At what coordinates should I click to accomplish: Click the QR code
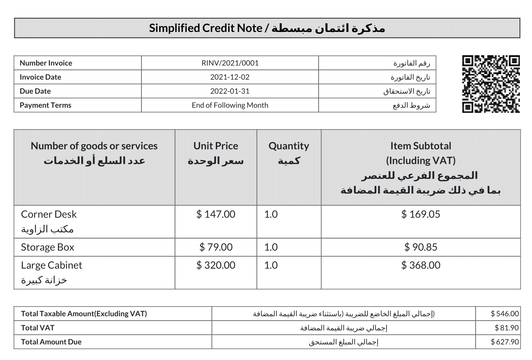point(491,84)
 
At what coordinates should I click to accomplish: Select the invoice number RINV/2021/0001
point(230,63)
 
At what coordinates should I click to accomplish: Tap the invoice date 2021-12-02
point(230,77)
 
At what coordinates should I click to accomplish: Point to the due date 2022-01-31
point(230,91)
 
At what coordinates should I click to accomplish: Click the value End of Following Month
point(230,105)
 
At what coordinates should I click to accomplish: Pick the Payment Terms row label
point(45,105)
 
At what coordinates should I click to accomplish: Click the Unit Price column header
point(216,146)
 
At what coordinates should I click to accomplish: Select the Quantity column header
point(289,146)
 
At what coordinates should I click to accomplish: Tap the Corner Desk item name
point(49,214)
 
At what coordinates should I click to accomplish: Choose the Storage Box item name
point(48,247)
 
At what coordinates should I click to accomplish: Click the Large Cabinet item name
point(51,265)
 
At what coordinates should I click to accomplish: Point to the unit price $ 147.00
point(216,214)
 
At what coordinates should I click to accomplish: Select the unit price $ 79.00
point(216,247)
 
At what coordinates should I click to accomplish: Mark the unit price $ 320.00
point(216,265)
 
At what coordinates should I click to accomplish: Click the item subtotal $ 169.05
point(421,214)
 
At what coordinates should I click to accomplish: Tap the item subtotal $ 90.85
point(421,247)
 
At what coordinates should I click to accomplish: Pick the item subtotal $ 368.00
point(421,265)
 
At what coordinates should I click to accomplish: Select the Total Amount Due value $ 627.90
point(505,342)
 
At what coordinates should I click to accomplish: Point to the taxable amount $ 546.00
point(505,314)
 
